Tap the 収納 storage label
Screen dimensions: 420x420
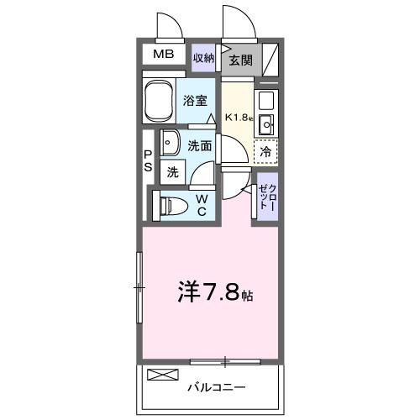pyautogui.click(x=203, y=58)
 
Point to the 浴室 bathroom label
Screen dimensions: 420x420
pyautogui.click(x=195, y=100)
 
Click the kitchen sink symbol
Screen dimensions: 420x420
pyautogui.click(x=266, y=127)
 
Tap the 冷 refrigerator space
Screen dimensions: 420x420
pyautogui.click(x=265, y=153)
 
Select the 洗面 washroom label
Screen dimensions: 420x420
pyautogui.click(x=200, y=145)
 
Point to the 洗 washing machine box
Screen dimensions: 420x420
pyautogui.click(x=172, y=172)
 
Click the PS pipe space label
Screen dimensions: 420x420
pyautogui.click(x=147, y=160)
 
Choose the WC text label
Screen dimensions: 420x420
pyautogui.click(x=202, y=204)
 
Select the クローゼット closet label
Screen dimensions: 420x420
pyautogui.click(x=265, y=197)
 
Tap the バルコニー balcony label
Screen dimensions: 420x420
pyautogui.click(x=214, y=388)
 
